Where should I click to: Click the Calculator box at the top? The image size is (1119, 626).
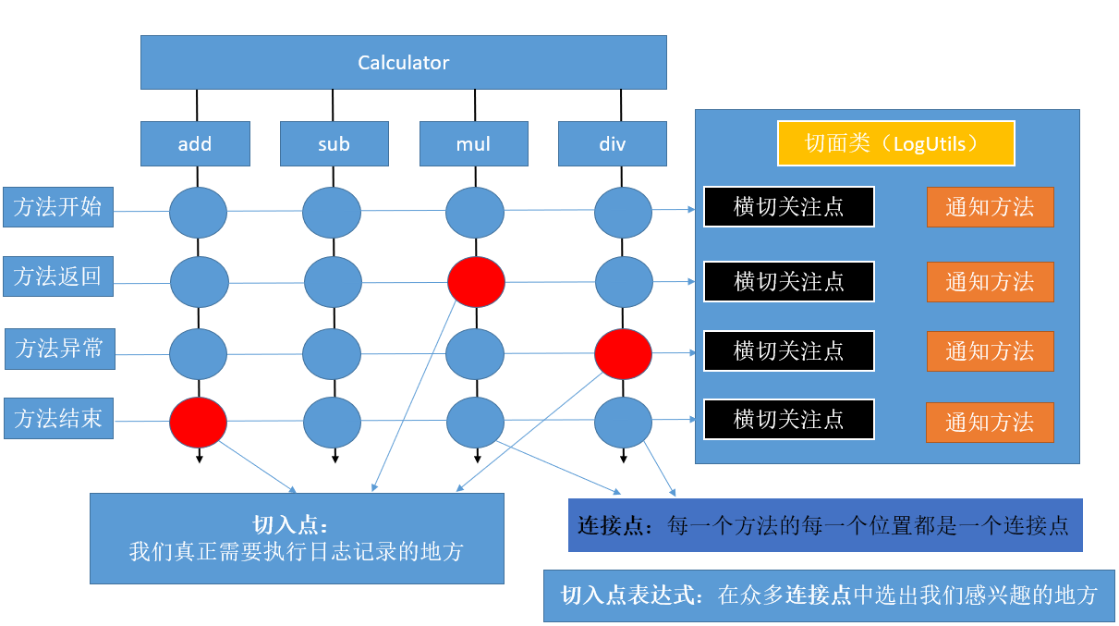point(403,63)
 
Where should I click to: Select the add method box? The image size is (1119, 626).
point(195,143)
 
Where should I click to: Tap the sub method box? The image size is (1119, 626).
point(334,143)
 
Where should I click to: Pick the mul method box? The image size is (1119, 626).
point(473,143)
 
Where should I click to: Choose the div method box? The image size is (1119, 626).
point(612,143)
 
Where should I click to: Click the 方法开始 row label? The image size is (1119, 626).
point(57,206)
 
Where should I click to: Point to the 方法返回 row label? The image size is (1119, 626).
point(57,276)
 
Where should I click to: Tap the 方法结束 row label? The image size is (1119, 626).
point(57,419)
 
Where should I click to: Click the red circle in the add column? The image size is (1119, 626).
point(198,422)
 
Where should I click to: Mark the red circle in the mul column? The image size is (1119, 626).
point(476,282)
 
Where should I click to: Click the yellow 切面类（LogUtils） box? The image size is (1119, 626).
point(895,143)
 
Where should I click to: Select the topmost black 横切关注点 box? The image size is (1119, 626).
point(788,207)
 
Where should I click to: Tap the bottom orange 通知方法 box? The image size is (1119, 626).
point(989,423)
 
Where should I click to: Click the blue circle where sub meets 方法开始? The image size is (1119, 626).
point(332,212)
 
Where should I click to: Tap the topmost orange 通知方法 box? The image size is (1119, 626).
point(990,207)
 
